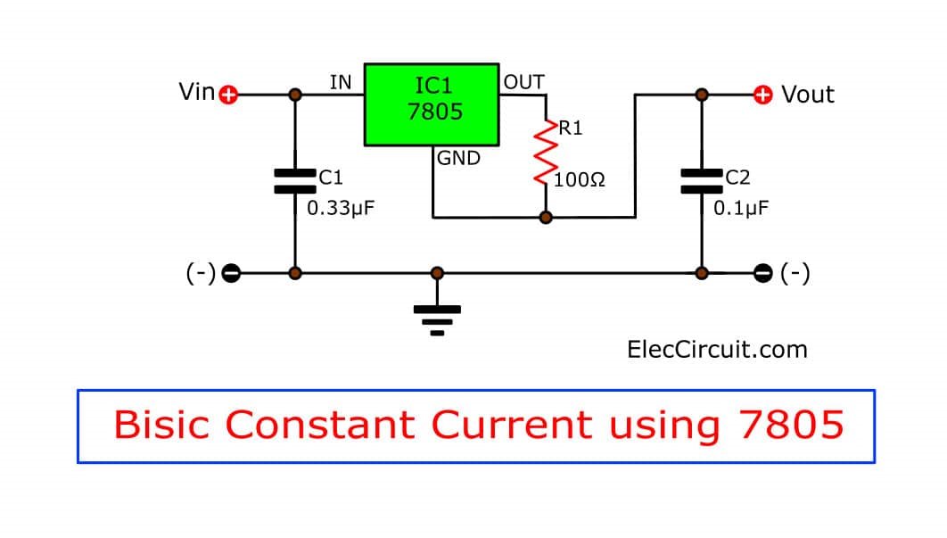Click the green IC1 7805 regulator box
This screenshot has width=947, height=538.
pos(432,103)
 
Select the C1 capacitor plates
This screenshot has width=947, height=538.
pos(294,181)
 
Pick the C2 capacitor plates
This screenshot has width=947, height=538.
pos(702,181)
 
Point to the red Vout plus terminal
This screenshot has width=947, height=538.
pos(763,95)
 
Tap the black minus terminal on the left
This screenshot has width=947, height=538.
pos(230,273)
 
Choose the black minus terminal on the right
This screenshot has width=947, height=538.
pos(763,273)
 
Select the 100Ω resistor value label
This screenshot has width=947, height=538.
pos(580,180)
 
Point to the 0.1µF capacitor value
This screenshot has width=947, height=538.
pos(741,209)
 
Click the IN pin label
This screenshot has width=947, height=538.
pos(341,83)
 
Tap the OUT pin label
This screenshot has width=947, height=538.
pos(523,82)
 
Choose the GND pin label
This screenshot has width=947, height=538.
pos(458,159)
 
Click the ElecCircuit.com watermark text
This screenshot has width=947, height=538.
pos(717,349)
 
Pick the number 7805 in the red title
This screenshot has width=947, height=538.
pos(791,425)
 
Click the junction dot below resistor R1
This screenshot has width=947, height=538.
pos(545,217)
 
